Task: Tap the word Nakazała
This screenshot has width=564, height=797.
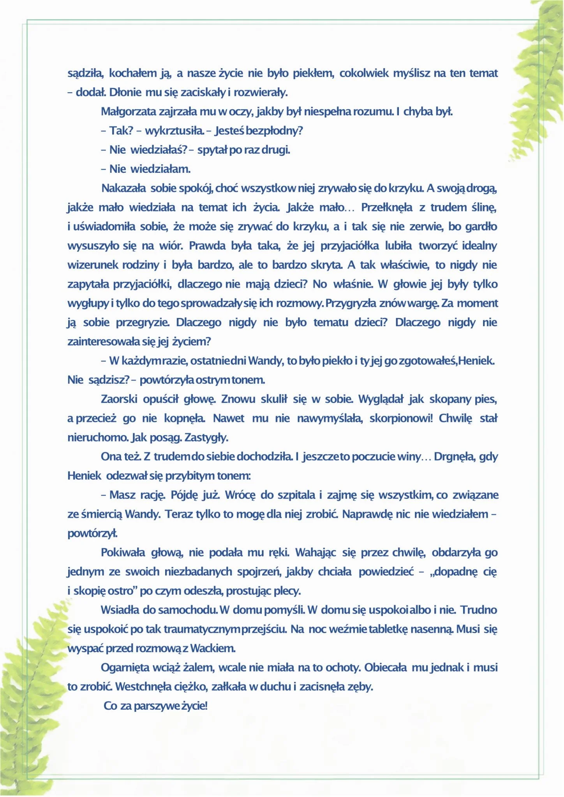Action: pyautogui.click(x=123, y=188)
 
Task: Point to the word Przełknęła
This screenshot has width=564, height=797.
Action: pyautogui.click(x=386, y=207)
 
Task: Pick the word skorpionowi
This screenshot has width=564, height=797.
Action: pyautogui.click(x=401, y=418)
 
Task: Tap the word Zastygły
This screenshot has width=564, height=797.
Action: pyautogui.click(x=206, y=438)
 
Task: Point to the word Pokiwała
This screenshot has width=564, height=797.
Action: pyautogui.click(x=123, y=553)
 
